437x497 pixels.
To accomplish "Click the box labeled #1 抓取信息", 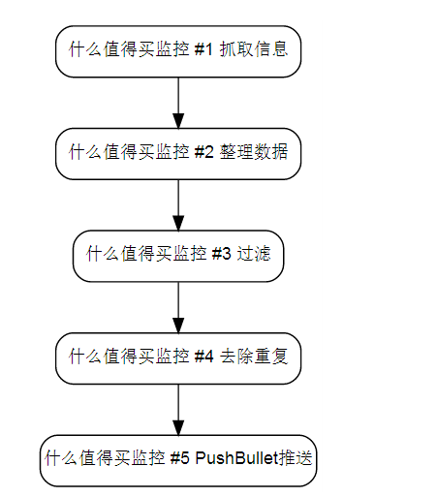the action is click(x=178, y=51).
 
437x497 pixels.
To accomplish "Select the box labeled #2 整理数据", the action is click(x=178, y=154).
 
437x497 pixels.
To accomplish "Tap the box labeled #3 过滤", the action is click(x=178, y=256).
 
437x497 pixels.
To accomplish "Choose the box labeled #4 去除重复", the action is click(x=178, y=358).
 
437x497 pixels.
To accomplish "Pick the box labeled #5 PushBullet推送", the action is click(x=178, y=460).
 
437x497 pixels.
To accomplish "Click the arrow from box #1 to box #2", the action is click(x=178, y=103).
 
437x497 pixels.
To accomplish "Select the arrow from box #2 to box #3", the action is click(x=178, y=205).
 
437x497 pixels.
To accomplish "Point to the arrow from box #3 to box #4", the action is click(x=178, y=307).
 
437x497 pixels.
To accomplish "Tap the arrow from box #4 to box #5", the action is click(x=178, y=410).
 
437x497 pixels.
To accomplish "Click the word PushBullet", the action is click(x=236, y=458).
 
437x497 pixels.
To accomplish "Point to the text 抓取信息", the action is click(x=254, y=49).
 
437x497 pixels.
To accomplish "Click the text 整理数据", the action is click(x=254, y=151).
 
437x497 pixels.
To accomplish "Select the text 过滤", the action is click(x=254, y=254).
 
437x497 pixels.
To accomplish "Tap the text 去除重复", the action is click(x=254, y=356).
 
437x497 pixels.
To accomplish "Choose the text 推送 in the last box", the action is click(x=296, y=458).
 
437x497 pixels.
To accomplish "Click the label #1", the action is click(x=203, y=49).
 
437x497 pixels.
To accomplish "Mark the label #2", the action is click(x=203, y=152).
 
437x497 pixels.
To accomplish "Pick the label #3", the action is click(x=221, y=254).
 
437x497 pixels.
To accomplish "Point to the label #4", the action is click(x=203, y=357).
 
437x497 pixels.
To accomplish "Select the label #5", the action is click(x=179, y=458).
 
